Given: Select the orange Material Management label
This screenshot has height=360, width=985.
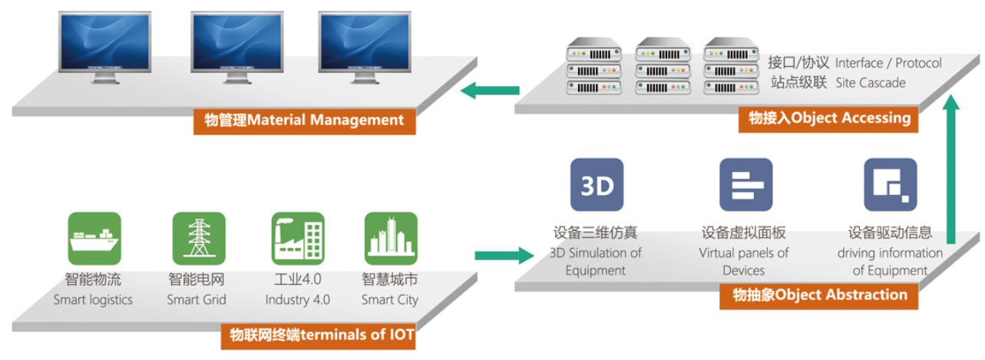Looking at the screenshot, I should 304,120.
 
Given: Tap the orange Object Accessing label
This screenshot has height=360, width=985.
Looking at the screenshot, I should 828,118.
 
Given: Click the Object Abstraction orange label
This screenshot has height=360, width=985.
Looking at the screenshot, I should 818,295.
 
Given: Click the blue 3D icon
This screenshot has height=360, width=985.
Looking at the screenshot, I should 597,185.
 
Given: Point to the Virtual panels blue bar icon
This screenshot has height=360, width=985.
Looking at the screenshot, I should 745,185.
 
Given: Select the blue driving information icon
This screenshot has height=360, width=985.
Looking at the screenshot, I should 890,185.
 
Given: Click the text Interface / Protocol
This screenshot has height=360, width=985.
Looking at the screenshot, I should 888,62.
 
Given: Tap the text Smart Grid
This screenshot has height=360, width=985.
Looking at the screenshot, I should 197,299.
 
